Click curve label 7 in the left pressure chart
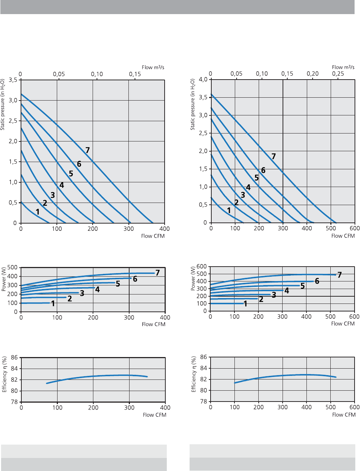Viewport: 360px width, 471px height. click(88, 150)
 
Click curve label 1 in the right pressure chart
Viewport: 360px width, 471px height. click(229, 210)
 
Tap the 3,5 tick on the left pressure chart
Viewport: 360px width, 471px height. click(13, 80)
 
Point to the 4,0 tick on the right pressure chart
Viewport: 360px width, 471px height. click(203, 80)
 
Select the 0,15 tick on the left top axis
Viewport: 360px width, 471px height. click(135, 74)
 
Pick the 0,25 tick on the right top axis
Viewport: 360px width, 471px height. click(338, 74)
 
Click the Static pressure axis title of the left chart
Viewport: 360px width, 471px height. click(3, 104)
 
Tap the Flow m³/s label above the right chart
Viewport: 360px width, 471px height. click(343, 67)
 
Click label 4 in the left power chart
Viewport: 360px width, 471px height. click(97, 289)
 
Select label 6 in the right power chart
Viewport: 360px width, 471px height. click(317, 281)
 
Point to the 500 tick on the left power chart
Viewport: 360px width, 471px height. click(12, 268)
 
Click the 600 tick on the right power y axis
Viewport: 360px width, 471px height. click(202, 267)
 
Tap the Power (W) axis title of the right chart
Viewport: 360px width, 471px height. click(194, 279)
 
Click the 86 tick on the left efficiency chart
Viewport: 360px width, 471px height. click(14, 358)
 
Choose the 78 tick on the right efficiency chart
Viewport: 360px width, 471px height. click(203, 402)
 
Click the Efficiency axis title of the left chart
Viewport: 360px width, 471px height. click(5, 375)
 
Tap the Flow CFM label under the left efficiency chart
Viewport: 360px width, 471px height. click(154, 415)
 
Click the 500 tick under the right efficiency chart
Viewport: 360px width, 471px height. click(331, 407)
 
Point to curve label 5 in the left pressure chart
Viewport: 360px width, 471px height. click(71, 174)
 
